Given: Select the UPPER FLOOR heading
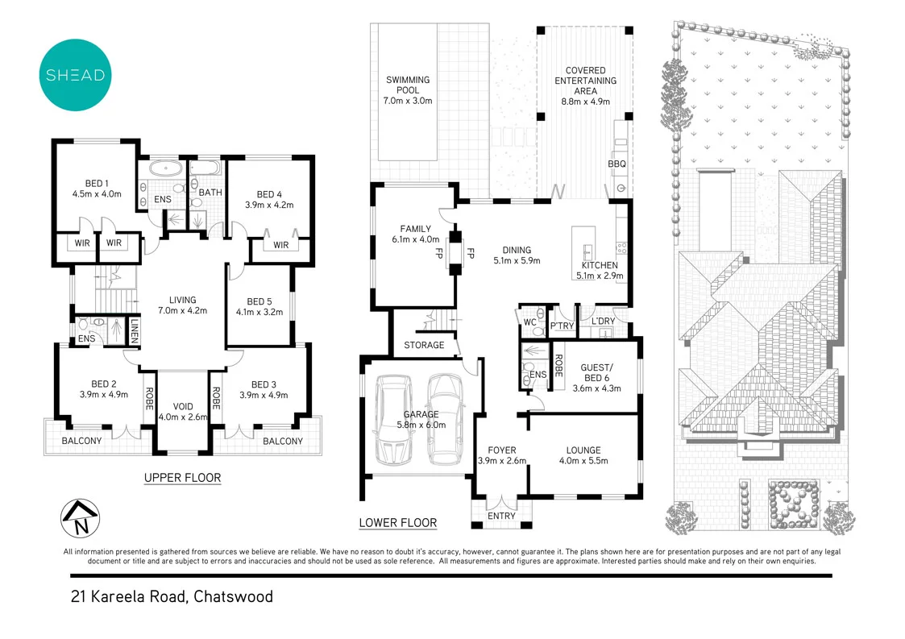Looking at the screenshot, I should click(182, 478).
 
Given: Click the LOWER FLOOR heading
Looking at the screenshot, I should click(397, 523).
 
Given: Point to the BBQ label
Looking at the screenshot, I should click(616, 164).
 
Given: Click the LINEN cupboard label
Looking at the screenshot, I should click(135, 330).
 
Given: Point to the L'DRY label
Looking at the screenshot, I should click(604, 322).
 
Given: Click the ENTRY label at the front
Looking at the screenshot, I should click(501, 517).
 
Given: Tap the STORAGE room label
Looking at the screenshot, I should click(424, 345).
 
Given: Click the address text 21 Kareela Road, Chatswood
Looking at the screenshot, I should click(171, 597).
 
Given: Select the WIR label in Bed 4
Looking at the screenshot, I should click(281, 245).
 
